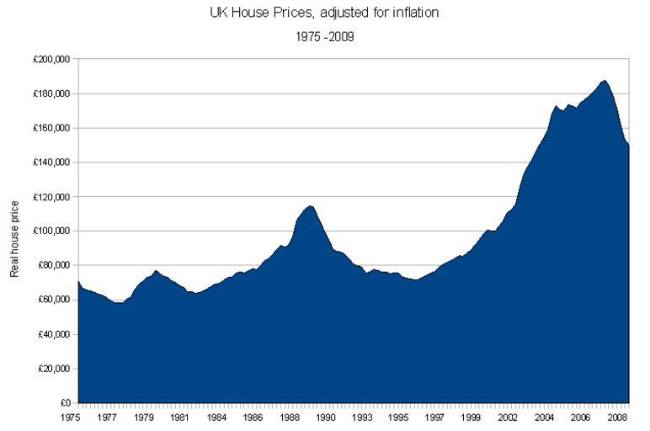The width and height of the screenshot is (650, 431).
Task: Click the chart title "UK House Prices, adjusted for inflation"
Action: tap(324, 13)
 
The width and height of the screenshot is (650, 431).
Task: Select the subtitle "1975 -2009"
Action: tap(324, 36)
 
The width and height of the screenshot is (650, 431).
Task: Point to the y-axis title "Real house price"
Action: tap(14, 237)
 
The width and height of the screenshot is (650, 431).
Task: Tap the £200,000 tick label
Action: tap(51, 60)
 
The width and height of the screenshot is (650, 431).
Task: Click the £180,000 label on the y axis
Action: tap(51, 94)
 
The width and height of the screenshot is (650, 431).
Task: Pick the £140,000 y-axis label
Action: tap(51, 162)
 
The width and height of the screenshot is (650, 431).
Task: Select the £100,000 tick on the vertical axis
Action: tap(51, 231)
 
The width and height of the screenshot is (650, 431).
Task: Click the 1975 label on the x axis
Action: tap(77, 417)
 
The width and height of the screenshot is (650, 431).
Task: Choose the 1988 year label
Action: tap(290, 417)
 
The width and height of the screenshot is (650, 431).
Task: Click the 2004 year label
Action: tap(545, 417)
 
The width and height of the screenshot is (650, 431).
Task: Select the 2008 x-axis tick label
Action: tap(617, 417)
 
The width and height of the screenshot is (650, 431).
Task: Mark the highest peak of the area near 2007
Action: tap(604, 80)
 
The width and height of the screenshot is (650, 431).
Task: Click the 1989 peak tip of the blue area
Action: tap(311, 205)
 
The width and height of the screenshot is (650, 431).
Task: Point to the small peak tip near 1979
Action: tap(156, 270)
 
